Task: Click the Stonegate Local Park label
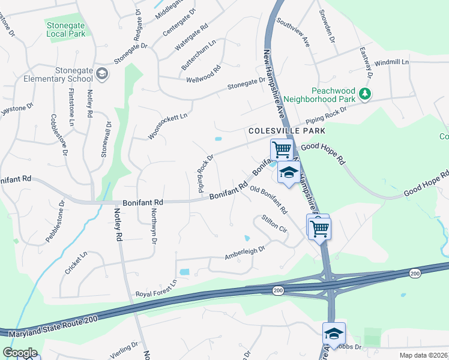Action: coord(65,29)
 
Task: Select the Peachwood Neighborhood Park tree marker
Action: coord(364,93)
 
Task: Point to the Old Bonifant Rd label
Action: coord(268,200)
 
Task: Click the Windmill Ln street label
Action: coord(391,62)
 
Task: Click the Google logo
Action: coord(19,353)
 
